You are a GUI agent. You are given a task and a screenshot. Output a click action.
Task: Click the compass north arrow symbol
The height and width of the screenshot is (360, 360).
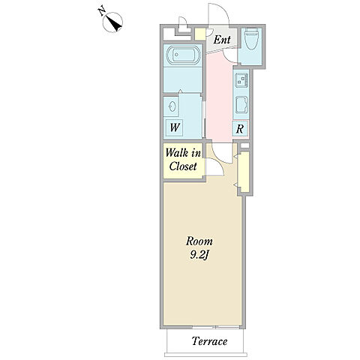[x=112, y=22]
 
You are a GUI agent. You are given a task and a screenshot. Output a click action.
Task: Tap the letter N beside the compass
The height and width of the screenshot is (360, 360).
[x=101, y=11]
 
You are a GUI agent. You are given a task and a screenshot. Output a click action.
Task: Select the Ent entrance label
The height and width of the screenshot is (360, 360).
[x=222, y=40]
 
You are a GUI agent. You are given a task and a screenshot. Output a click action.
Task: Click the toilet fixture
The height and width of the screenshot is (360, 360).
[x=252, y=39]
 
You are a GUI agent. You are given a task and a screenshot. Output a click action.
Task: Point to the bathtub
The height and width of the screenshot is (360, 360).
[x=183, y=55]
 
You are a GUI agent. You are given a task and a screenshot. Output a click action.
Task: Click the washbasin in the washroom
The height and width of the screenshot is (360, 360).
[x=172, y=107]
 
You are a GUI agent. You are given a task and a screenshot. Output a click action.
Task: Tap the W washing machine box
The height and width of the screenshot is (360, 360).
[x=175, y=127]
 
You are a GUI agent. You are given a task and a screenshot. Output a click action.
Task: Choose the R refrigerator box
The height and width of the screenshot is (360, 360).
[x=240, y=129]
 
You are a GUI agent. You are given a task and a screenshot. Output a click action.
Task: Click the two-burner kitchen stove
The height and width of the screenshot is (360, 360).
[x=241, y=79]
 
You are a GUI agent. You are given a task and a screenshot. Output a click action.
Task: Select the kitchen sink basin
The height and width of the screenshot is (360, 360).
[x=241, y=105]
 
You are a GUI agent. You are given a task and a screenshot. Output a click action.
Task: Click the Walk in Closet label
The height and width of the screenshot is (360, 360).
[x=183, y=160]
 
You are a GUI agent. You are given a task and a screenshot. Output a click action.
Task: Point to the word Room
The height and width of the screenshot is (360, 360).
[x=199, y=241]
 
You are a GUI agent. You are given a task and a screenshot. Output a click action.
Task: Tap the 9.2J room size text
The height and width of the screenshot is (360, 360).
[x=199, y=255]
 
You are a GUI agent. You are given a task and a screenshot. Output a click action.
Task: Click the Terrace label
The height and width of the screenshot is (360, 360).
[x=209, y=341]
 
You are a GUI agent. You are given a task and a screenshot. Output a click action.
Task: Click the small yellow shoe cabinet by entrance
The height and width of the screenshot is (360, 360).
[x=200, y=34]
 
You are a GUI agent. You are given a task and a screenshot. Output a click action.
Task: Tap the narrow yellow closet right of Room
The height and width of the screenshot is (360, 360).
[x=244, y=172]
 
